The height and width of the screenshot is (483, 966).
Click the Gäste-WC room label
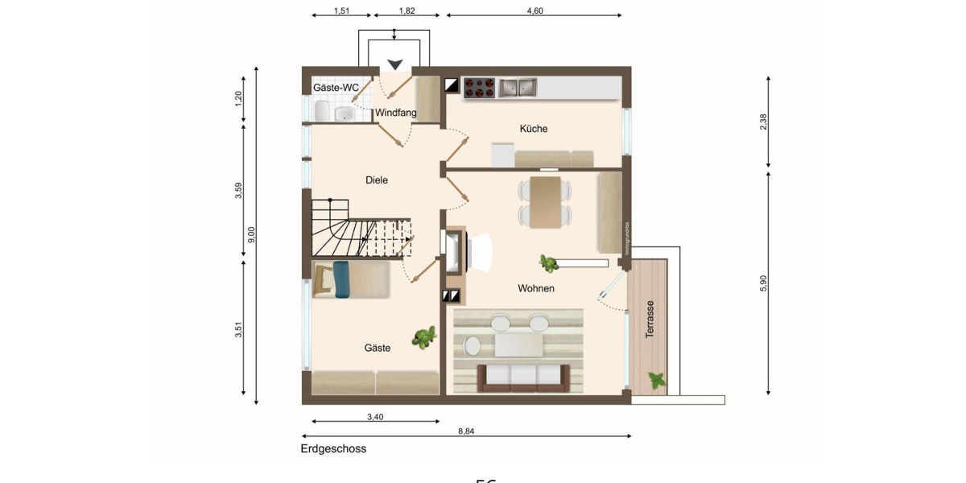click(336, 87)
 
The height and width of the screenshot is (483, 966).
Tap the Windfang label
click(396, 113)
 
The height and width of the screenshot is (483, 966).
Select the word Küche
click(534, 128)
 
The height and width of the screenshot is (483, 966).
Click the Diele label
click(377, 180)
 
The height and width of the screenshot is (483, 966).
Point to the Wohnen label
click(536, 288)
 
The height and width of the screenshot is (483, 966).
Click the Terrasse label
click(649, 319)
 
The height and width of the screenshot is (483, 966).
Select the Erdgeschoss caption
click(333, 449)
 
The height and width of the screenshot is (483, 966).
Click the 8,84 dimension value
click(466, 431)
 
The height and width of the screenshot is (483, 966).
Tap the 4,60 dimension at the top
click(535, 10)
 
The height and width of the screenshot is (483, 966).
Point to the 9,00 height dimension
click(251, 234)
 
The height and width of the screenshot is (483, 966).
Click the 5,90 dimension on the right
click(763, 283)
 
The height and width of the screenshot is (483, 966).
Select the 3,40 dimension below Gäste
click(375, 416)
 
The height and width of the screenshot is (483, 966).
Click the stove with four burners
click(478, 87)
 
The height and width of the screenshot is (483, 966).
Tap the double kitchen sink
click(517, 87)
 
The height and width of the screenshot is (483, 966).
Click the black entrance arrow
click(394, 64)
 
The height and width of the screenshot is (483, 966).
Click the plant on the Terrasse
click(658, 379)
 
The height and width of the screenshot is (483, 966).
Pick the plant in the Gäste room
click(424, 337)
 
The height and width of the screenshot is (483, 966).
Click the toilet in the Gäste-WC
click(321, 110)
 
